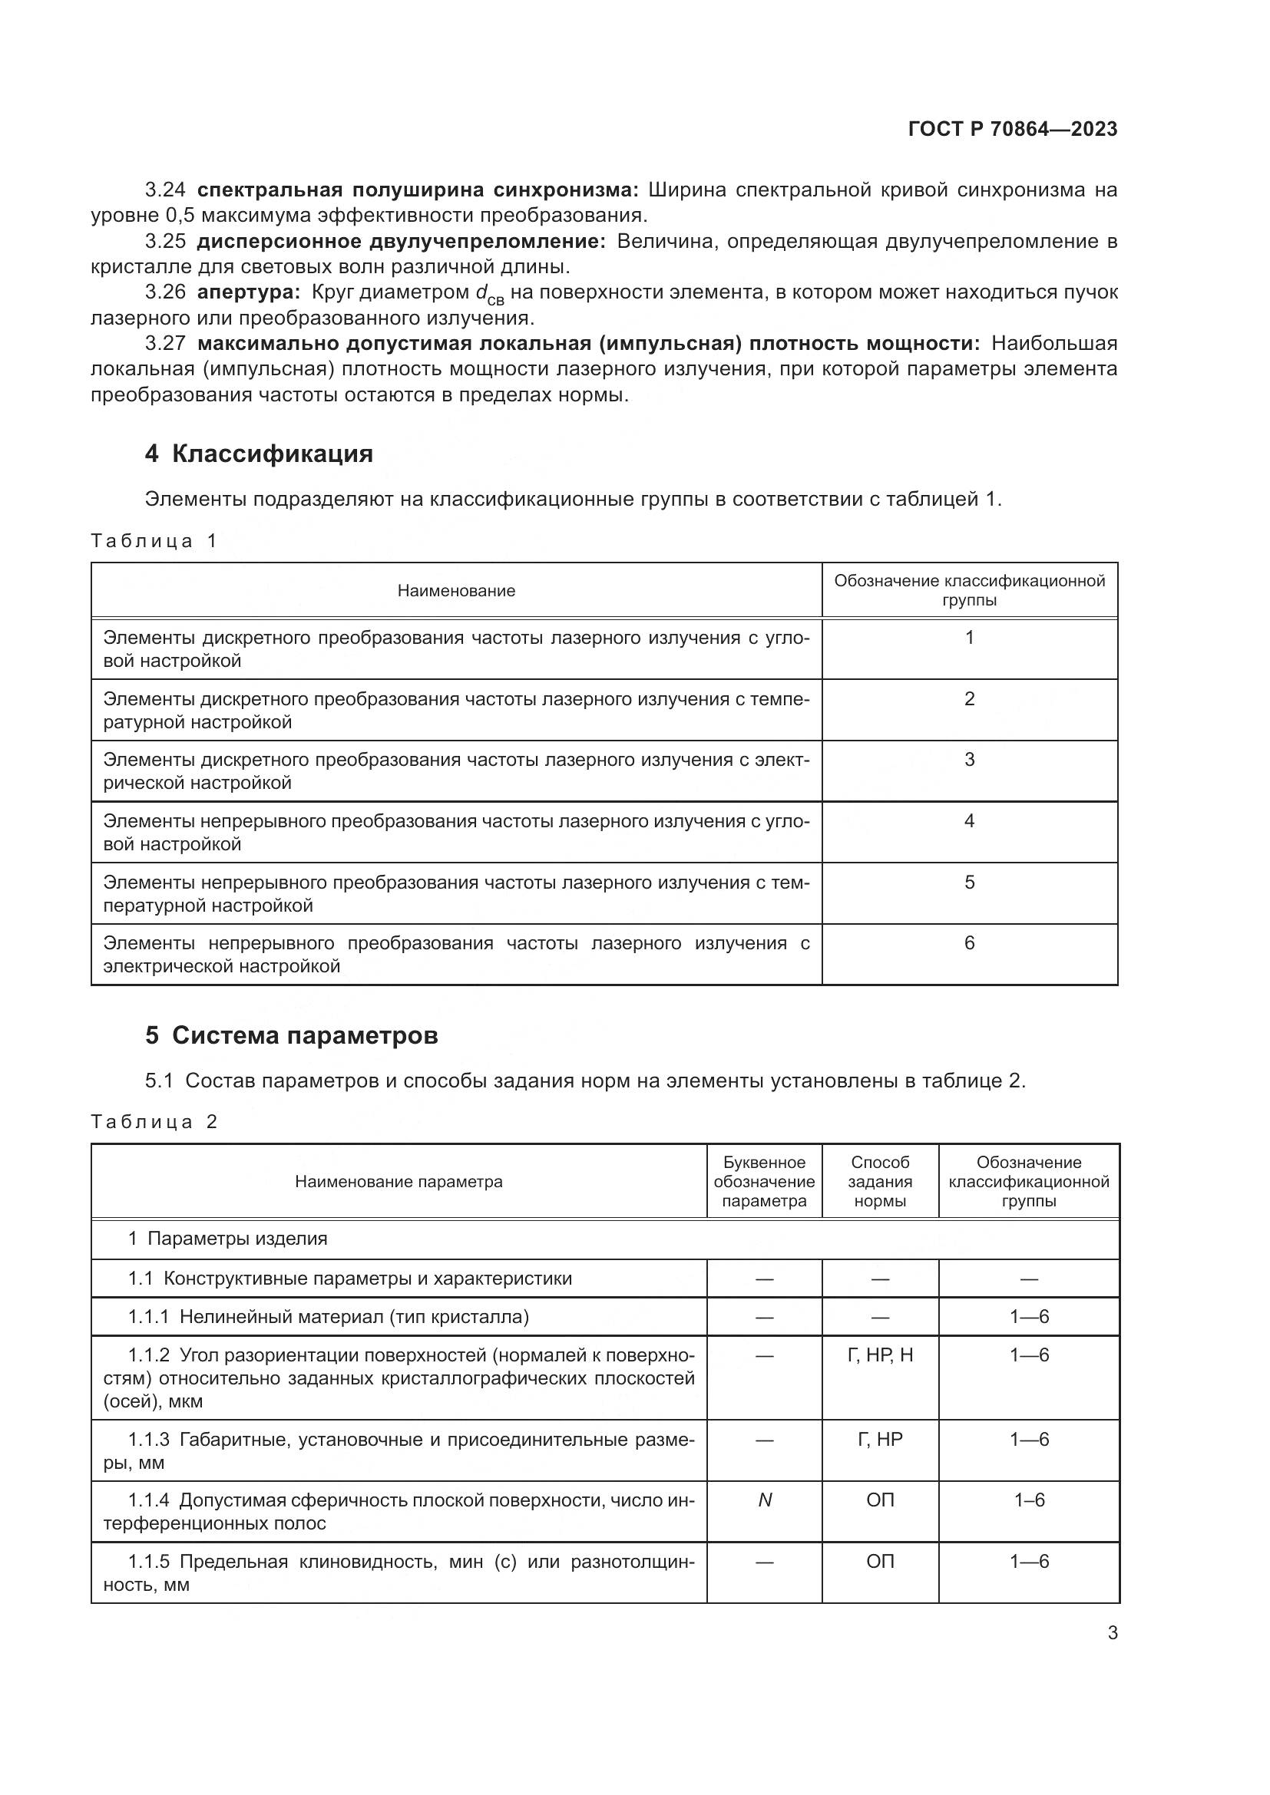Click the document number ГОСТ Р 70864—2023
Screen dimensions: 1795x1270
click(1013, 129)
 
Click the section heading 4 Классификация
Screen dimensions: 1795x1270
click(259, 454)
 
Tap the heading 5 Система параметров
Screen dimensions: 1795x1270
click(291, 1035)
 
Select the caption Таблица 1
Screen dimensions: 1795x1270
click(154, 540)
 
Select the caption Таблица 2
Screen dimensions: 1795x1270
click(154, 1122)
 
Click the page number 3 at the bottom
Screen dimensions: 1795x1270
click(1112, 1632)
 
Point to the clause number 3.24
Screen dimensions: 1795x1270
click(165, 190)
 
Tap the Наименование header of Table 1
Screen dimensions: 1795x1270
click(456, 590)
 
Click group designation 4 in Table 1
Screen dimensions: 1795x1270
click(969, 821)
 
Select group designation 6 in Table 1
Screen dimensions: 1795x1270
click(969, 943)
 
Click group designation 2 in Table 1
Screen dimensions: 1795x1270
click(969, 698)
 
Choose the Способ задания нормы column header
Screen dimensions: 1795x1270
click(880, 1181)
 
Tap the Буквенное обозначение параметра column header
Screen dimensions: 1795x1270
click(764, 1181)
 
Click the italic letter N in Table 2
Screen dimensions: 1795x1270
click(765, 1500)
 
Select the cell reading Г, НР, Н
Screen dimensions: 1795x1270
click(880, 1354)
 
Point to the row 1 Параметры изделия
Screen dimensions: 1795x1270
click(227, 1239)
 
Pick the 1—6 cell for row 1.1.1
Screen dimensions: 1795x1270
click(1028, 1317)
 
